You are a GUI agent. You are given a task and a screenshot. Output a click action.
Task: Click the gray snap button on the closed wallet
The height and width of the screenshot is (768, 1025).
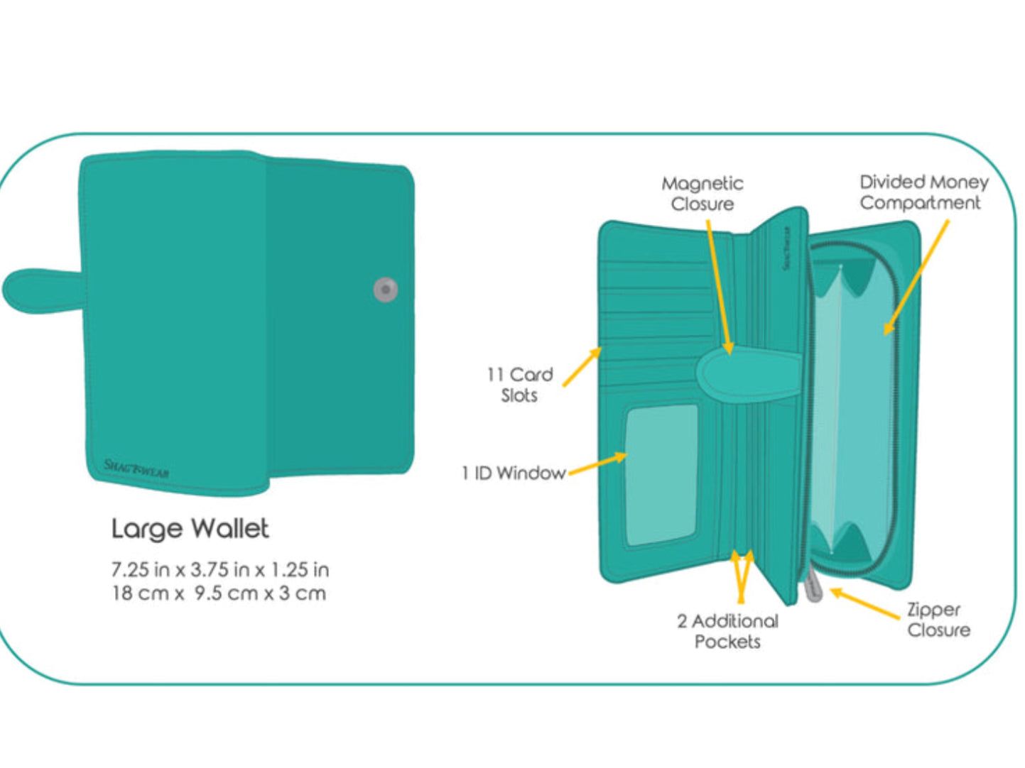(385, 289)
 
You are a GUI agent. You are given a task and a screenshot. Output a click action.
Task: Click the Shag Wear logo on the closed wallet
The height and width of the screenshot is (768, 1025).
(136, 468)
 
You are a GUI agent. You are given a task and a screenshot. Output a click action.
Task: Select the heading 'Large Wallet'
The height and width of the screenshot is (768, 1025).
(190, 529)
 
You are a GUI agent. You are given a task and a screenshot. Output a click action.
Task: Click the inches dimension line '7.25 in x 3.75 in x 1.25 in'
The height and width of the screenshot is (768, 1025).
(219, 570)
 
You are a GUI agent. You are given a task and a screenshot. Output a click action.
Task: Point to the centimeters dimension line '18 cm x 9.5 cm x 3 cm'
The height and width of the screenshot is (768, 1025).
(218, 593)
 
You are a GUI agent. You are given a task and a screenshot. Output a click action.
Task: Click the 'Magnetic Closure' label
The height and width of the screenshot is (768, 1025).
(702, 194)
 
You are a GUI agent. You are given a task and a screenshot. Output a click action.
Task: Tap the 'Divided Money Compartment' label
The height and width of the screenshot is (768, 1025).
(923, 192)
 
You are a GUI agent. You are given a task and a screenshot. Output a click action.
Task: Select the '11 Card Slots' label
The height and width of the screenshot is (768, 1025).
(519, 385)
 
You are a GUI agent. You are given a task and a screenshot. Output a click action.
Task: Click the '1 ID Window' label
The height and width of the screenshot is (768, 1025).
(513, 473)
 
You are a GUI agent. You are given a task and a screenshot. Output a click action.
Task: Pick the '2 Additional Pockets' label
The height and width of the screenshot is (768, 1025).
(727, 631)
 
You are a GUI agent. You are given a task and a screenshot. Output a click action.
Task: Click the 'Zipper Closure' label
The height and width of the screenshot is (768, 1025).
(938, 620)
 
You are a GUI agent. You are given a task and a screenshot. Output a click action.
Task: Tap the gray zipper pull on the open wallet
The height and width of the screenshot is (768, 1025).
(813, 588)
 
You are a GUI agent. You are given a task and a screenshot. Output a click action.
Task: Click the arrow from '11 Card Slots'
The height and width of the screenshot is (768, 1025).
(582, 368)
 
